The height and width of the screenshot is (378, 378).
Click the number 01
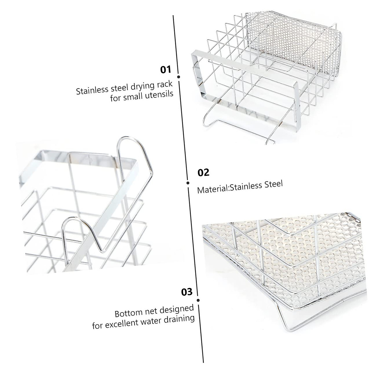click(165, 69)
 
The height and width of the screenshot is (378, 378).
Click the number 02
click(203, 173)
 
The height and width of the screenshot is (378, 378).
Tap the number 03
click(186, 292)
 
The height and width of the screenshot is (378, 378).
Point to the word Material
click(213, 190)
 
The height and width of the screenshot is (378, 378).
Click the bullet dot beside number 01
click(179, 77)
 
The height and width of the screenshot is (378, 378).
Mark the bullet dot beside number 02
click(188, 183)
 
